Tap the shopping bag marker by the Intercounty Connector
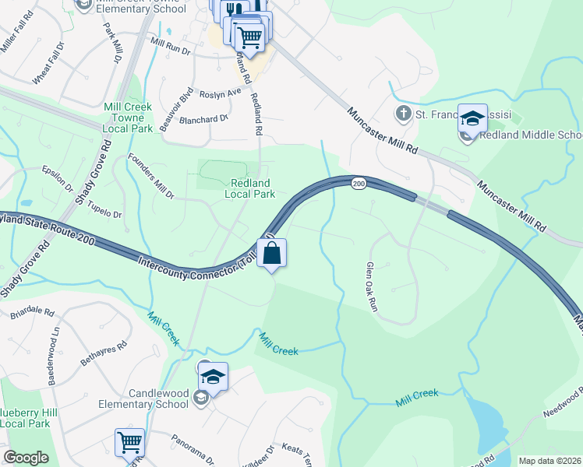(x=271, y=253)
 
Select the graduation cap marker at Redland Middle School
(x=472, y=119)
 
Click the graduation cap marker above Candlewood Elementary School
(x=213, y=377)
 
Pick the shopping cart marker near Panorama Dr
(x=130, y=443)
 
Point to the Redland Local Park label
(x=249, y=188)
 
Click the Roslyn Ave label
(x=221, y=93)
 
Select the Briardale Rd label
(x=33, y=313)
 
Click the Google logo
(x=26, y=458)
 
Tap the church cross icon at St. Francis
(x=403, y=114)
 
